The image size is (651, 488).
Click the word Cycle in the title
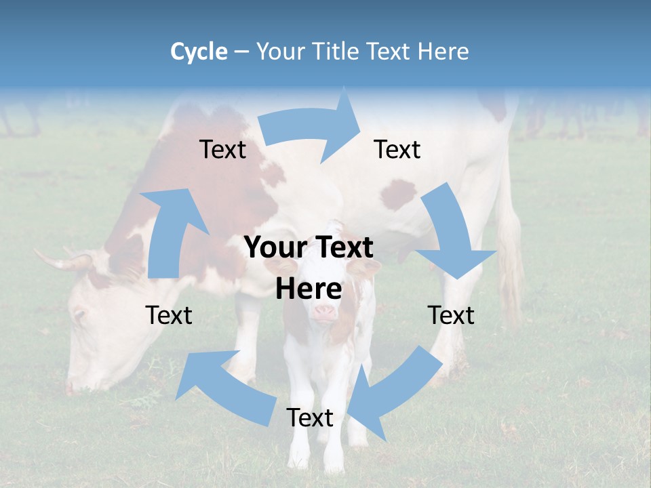click(199, 52)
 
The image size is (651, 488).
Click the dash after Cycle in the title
click(241, 52)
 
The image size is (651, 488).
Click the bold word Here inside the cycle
click(309, 289)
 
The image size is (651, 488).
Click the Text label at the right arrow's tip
click(397, 149)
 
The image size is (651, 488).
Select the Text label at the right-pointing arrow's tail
click(222, 149)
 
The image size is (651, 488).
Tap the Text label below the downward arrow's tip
click(451, 315)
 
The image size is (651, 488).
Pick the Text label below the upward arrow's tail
click(169, 315)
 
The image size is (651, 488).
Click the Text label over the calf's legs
click(310, 418)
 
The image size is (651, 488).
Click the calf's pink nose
click(323, 312)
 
